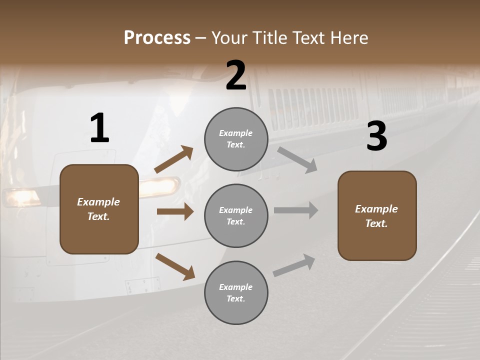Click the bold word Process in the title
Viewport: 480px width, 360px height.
click(x=157, y=37)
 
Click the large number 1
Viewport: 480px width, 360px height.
click(x=99, y=128)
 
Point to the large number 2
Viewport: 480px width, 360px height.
click(x=236, y=75)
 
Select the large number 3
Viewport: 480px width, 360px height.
click(x=376, y=136)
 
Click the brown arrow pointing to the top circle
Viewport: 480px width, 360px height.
click(x=173, y=159)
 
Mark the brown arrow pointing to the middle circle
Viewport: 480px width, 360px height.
click(x=175, y=211)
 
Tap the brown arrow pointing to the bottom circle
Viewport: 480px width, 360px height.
click(x=175, y=266)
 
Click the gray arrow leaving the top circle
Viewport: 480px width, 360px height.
click(x=297, y=160)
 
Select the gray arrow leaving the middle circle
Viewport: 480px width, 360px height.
click(x=296, y=210)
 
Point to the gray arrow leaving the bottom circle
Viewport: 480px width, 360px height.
click(x=294, y=265)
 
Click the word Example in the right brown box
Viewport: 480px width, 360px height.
click(x=376, y=209)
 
